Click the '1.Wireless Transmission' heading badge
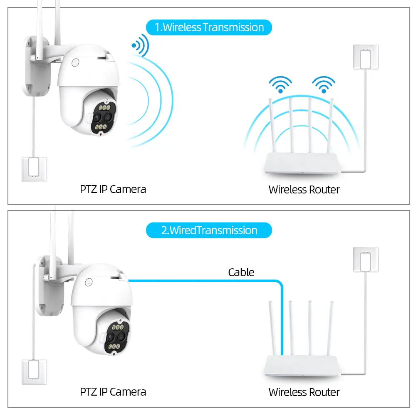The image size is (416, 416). click(x=209, y=27)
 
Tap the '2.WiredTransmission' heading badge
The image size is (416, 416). click(x=209, y=230)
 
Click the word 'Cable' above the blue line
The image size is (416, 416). click(x=241, y=272)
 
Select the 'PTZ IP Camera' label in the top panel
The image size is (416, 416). click(x=113, y=189)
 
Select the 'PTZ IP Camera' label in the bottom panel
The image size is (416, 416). click(x=113, y=391)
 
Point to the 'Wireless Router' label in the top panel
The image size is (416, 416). click(x=304, y=190)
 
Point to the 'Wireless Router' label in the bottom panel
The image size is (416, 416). click(x=304, y=392)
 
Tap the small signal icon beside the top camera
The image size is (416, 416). click(x=139, y=47)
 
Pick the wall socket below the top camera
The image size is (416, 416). click(x=34, y=168)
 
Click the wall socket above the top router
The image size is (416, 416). click(x=365, y=57)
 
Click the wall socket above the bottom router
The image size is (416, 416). click(x=365, y=260)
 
